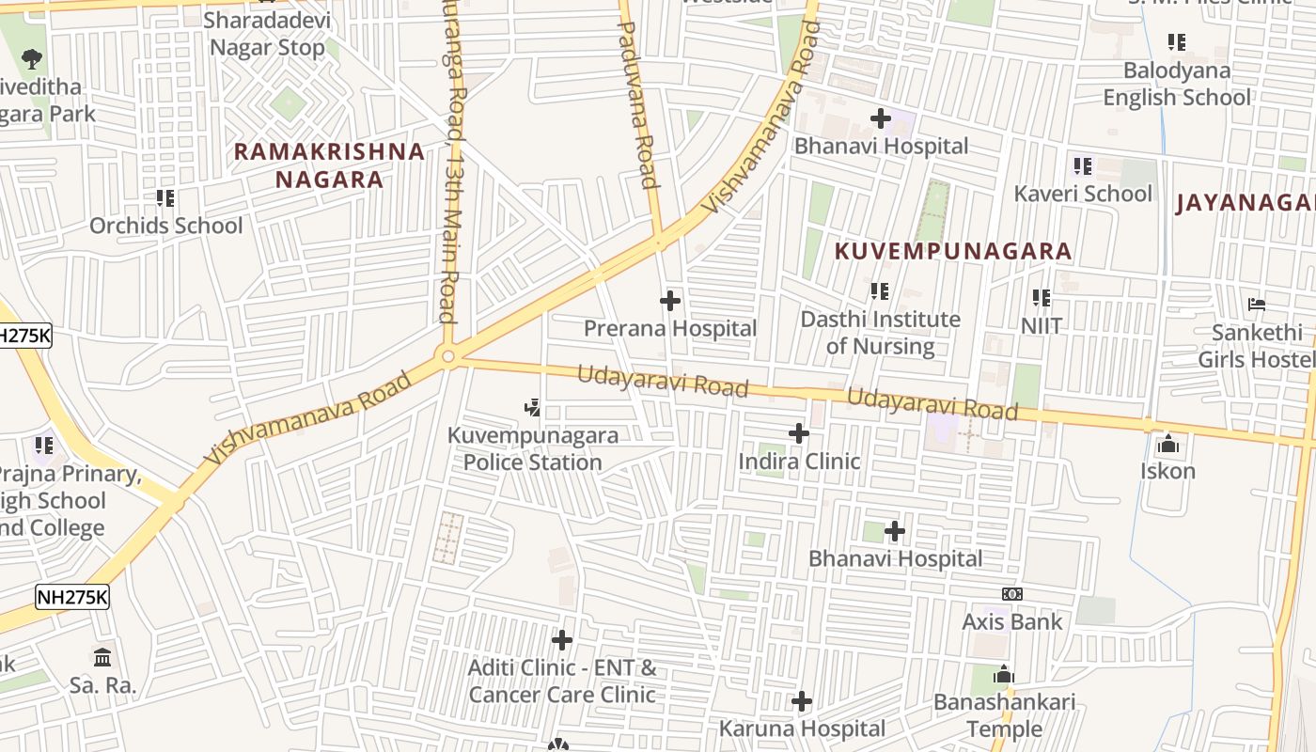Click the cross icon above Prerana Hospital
(670, 301)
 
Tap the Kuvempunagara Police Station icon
(533, 408)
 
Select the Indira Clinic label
(799, 462)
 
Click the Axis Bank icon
(1012, 594)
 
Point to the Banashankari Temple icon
(1004, 675)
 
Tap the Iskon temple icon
(1168, 444)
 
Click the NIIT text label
(1042, 326)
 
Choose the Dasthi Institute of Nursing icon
(880, 291)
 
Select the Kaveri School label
(1083, 194)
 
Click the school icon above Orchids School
(165, 198)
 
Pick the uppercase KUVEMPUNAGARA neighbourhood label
(953, 251)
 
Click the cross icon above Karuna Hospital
(802, 701)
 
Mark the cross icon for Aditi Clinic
(562, 641)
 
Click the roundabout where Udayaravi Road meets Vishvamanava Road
(448, 356)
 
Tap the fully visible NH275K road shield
(72, 597)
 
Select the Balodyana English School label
(1177, 85)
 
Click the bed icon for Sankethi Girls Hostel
(1257, 305)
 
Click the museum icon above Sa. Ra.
(103, 657)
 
